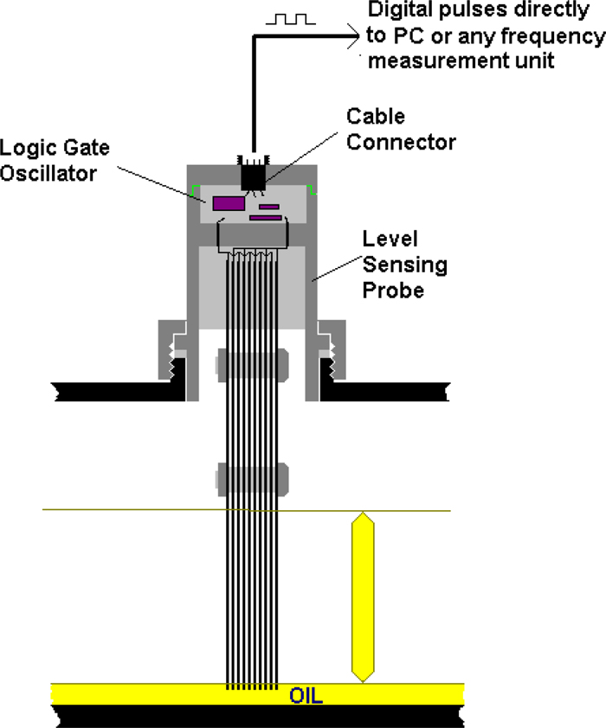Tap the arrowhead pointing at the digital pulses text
click(x=353, y=36)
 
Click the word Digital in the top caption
click(x=399, y=13)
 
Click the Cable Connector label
click(x=401, y=128)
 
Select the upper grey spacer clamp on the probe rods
click(x=252, y=363)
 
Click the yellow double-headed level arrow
click(x=363, y=597)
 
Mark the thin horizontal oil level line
click(x=130, y=510)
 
